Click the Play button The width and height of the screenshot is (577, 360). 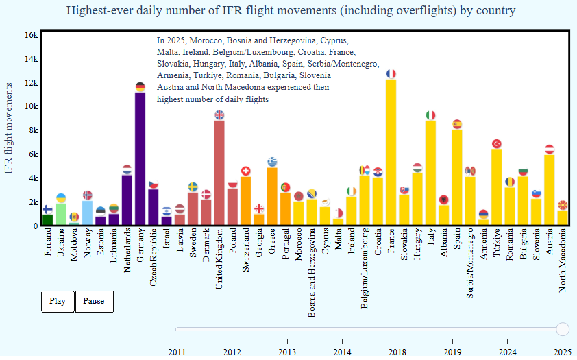click(58, 301)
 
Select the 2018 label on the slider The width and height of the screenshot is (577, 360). click(396, 352)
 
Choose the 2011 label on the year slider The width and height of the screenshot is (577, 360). click(177, 352)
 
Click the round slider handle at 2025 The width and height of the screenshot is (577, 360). click(563, 329)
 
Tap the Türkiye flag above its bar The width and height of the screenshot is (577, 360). click(497, 144)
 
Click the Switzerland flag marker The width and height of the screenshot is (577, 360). click(245, 171)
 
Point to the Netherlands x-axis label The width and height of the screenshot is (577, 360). click(127, 250)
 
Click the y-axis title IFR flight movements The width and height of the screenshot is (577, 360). click(9, 128)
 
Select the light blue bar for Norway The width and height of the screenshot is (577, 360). click(87, 213)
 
